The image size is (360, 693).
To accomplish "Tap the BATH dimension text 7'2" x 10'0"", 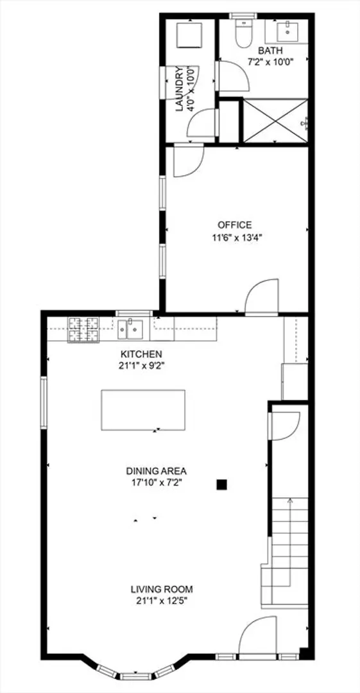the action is tap(271, 62).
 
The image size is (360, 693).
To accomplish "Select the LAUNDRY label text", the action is tap(179, 89).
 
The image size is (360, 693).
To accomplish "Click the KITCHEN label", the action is tap(142, 354).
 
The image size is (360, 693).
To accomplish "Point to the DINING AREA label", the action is tap(157, 470).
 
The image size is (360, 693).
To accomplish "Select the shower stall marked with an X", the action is tap(275, 121).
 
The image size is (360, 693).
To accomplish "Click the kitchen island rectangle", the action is tap(143, 409).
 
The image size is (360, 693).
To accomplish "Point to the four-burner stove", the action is tap(83, 330).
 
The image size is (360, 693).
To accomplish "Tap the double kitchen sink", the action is tap(130, 330).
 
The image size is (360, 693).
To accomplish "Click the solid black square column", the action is tap(221, 485).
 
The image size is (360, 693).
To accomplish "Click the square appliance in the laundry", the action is tap(190, 35).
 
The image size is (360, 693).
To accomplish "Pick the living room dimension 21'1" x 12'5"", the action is tap(162, 601).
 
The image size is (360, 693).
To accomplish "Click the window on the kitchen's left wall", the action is tap(44, 402).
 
